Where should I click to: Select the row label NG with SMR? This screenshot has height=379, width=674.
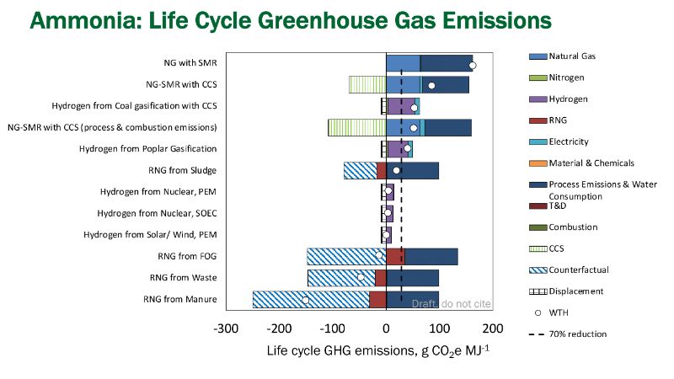(190, 62)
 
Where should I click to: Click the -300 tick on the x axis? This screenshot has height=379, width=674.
(226, 328)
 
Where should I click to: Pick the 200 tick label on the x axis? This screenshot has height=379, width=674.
(493, 328)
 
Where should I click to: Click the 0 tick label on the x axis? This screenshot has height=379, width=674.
(386, 328)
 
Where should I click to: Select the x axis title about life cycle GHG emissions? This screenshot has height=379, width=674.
(369, 350)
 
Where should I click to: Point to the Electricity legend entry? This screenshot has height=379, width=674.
(569, 141)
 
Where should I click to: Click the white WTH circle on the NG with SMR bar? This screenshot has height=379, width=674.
(472, 65)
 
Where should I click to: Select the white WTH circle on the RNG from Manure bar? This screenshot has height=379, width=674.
(305, 300)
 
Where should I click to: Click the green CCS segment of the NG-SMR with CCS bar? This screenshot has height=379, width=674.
(367, 84)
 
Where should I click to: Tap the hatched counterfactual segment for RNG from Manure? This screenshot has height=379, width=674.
(311, 299)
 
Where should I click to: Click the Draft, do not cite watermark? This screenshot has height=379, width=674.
(451, 303)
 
